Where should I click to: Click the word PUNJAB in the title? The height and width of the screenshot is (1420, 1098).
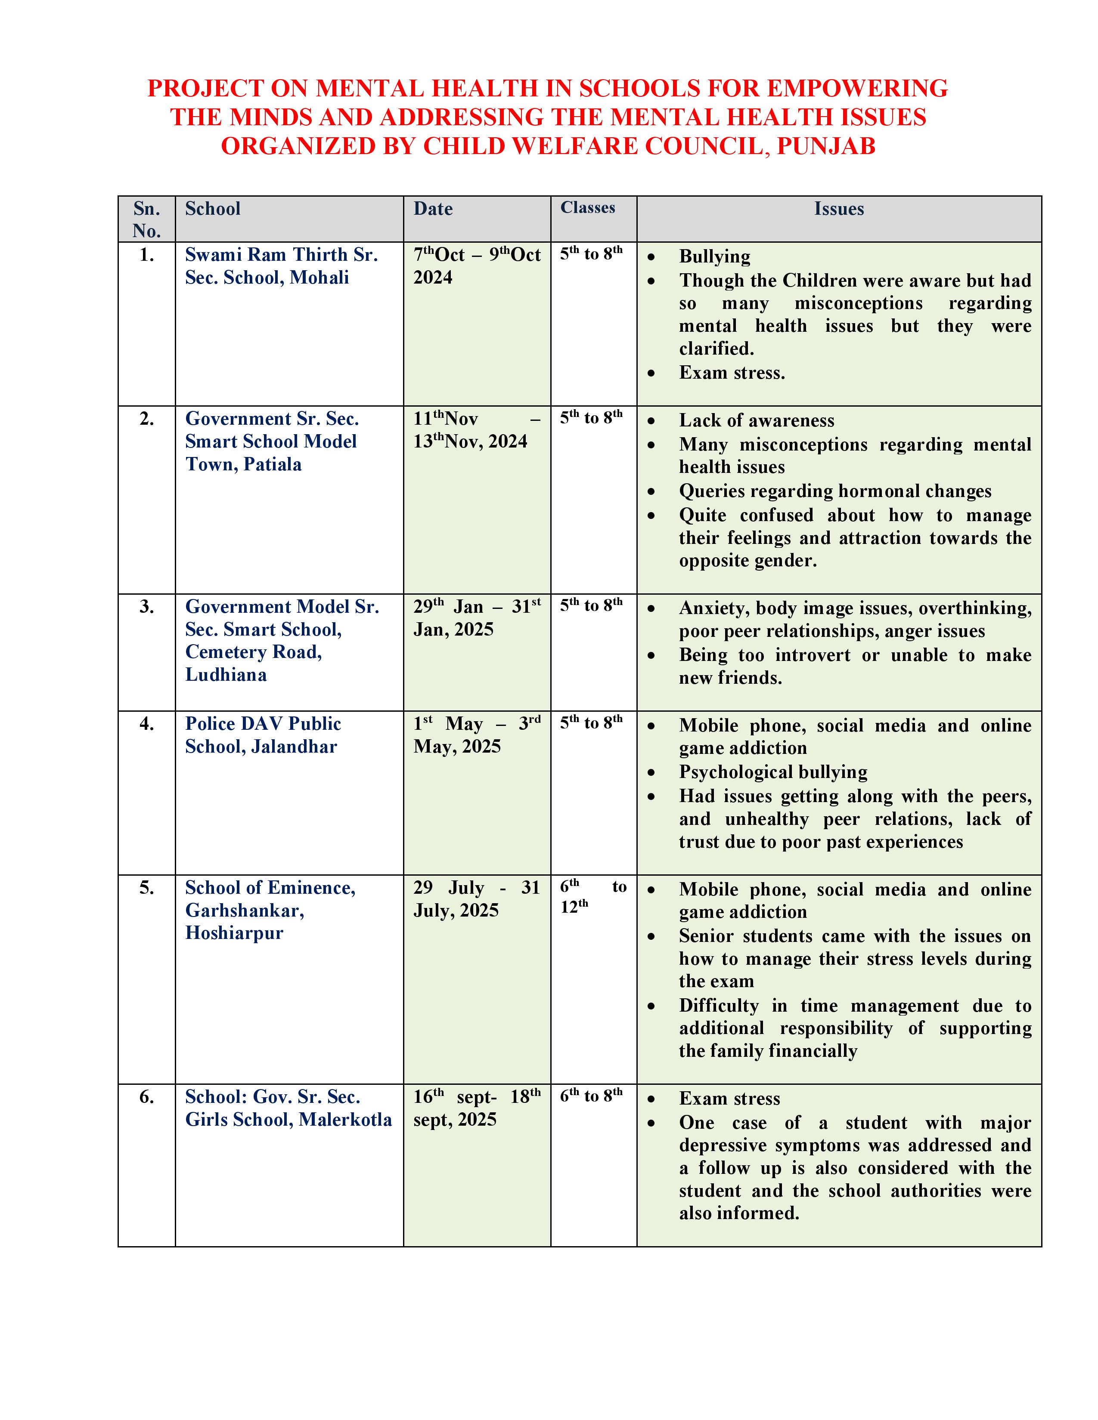(x=826, y=146)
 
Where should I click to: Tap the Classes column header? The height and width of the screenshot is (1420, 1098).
(x=587, y=207)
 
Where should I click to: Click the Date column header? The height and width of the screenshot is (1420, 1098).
(x=433, y=209)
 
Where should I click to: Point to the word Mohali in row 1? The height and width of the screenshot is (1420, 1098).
(x=319, y=278)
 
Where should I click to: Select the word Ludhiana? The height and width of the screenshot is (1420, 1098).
(x=226, y=675)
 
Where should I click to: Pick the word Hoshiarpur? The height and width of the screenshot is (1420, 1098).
(x=234, y=933)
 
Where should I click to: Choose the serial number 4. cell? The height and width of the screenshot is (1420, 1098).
(x=147, y=724)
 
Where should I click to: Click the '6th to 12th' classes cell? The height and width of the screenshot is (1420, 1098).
(x=592, y=897)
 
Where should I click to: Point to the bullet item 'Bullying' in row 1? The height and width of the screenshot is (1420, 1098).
(x=714, y=257)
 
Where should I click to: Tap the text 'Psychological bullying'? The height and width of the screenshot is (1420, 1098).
(x=773, y=772)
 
